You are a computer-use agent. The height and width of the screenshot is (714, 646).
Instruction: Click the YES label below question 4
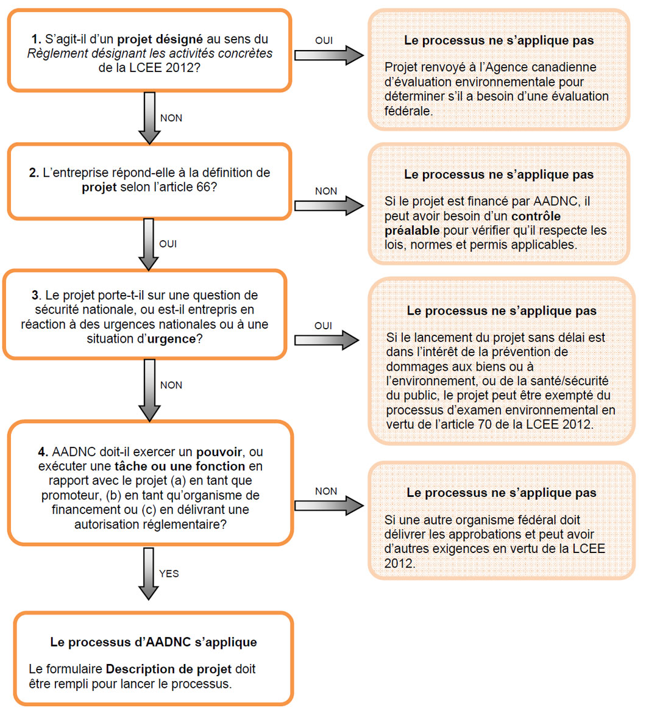[x=169, y=574]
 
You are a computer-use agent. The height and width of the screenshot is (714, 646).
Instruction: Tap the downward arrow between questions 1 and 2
[x=149, y=117]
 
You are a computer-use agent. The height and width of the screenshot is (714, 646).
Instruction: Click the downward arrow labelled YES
[x=149, y=573]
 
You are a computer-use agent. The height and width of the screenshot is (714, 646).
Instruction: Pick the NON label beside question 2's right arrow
[x=326, y=191]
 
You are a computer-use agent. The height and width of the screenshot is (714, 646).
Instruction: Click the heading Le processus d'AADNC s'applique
[x=154, y=642]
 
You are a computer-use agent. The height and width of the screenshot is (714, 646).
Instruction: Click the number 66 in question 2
[x=203, y=187]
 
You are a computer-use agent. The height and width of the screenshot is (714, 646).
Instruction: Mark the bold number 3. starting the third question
[x=35, y=295]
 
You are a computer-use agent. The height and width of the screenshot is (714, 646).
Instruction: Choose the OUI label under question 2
[x=168, y=244]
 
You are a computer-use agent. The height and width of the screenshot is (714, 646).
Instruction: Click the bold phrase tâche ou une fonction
[x=180, y=467]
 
